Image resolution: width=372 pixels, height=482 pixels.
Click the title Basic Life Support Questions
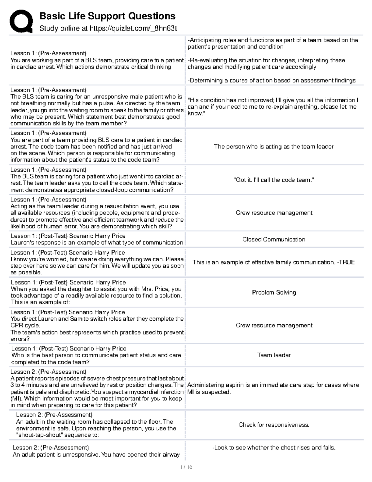point(107,16)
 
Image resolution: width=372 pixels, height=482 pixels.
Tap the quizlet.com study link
point(133,29)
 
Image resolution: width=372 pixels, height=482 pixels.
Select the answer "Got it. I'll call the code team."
point(274,180)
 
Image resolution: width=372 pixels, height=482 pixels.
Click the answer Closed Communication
point(274,239)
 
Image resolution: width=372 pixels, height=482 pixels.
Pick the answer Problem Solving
point(274,292)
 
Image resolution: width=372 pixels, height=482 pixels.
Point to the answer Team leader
point(274,355)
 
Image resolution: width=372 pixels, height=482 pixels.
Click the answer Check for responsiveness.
point(274,425)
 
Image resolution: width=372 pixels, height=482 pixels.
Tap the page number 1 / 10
point(186,467)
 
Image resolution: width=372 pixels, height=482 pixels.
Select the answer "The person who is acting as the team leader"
point(274,146)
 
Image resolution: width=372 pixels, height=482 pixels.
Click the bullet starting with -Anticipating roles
point(273,43)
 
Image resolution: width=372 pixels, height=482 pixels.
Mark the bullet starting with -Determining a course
point(272,80)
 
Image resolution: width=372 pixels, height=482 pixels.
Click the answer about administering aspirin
point(273,388)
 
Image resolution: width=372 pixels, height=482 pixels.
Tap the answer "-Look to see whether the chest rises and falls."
point(274,448)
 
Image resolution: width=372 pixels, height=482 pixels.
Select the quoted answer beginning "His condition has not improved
point(273,107)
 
